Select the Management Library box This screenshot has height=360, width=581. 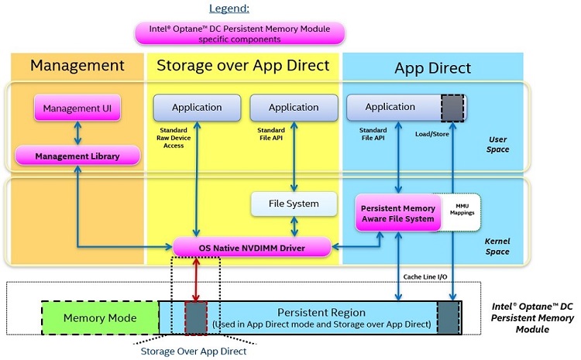(77, 156)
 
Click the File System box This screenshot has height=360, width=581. (294, 204)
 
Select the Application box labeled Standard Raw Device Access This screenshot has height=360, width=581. (197, 107)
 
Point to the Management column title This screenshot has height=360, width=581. (77, 66)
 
